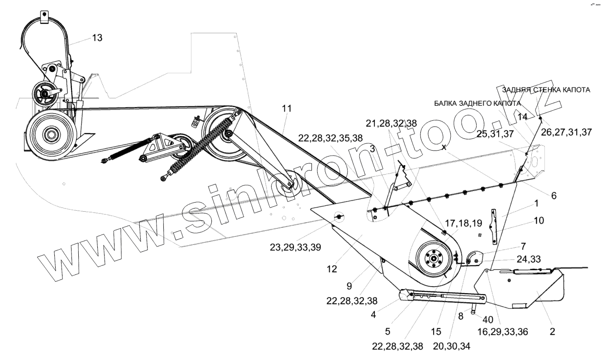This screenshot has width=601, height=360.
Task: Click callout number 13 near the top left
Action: coord(97,38)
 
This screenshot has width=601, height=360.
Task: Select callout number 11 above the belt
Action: coord(286,109)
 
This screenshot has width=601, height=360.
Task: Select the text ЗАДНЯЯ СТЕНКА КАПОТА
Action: coord(546,90)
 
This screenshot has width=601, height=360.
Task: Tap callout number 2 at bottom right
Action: coord(552,332)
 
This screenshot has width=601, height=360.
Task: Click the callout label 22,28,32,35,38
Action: coord(330,138)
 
